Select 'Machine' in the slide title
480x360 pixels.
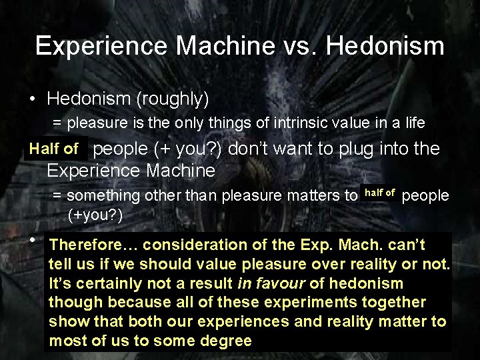[x=225, y=46]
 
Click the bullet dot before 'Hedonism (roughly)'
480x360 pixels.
[x=32, y=100]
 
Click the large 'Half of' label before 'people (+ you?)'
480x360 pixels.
[x=53, y=149]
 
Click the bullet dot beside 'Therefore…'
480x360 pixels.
[x=32, y=240]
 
